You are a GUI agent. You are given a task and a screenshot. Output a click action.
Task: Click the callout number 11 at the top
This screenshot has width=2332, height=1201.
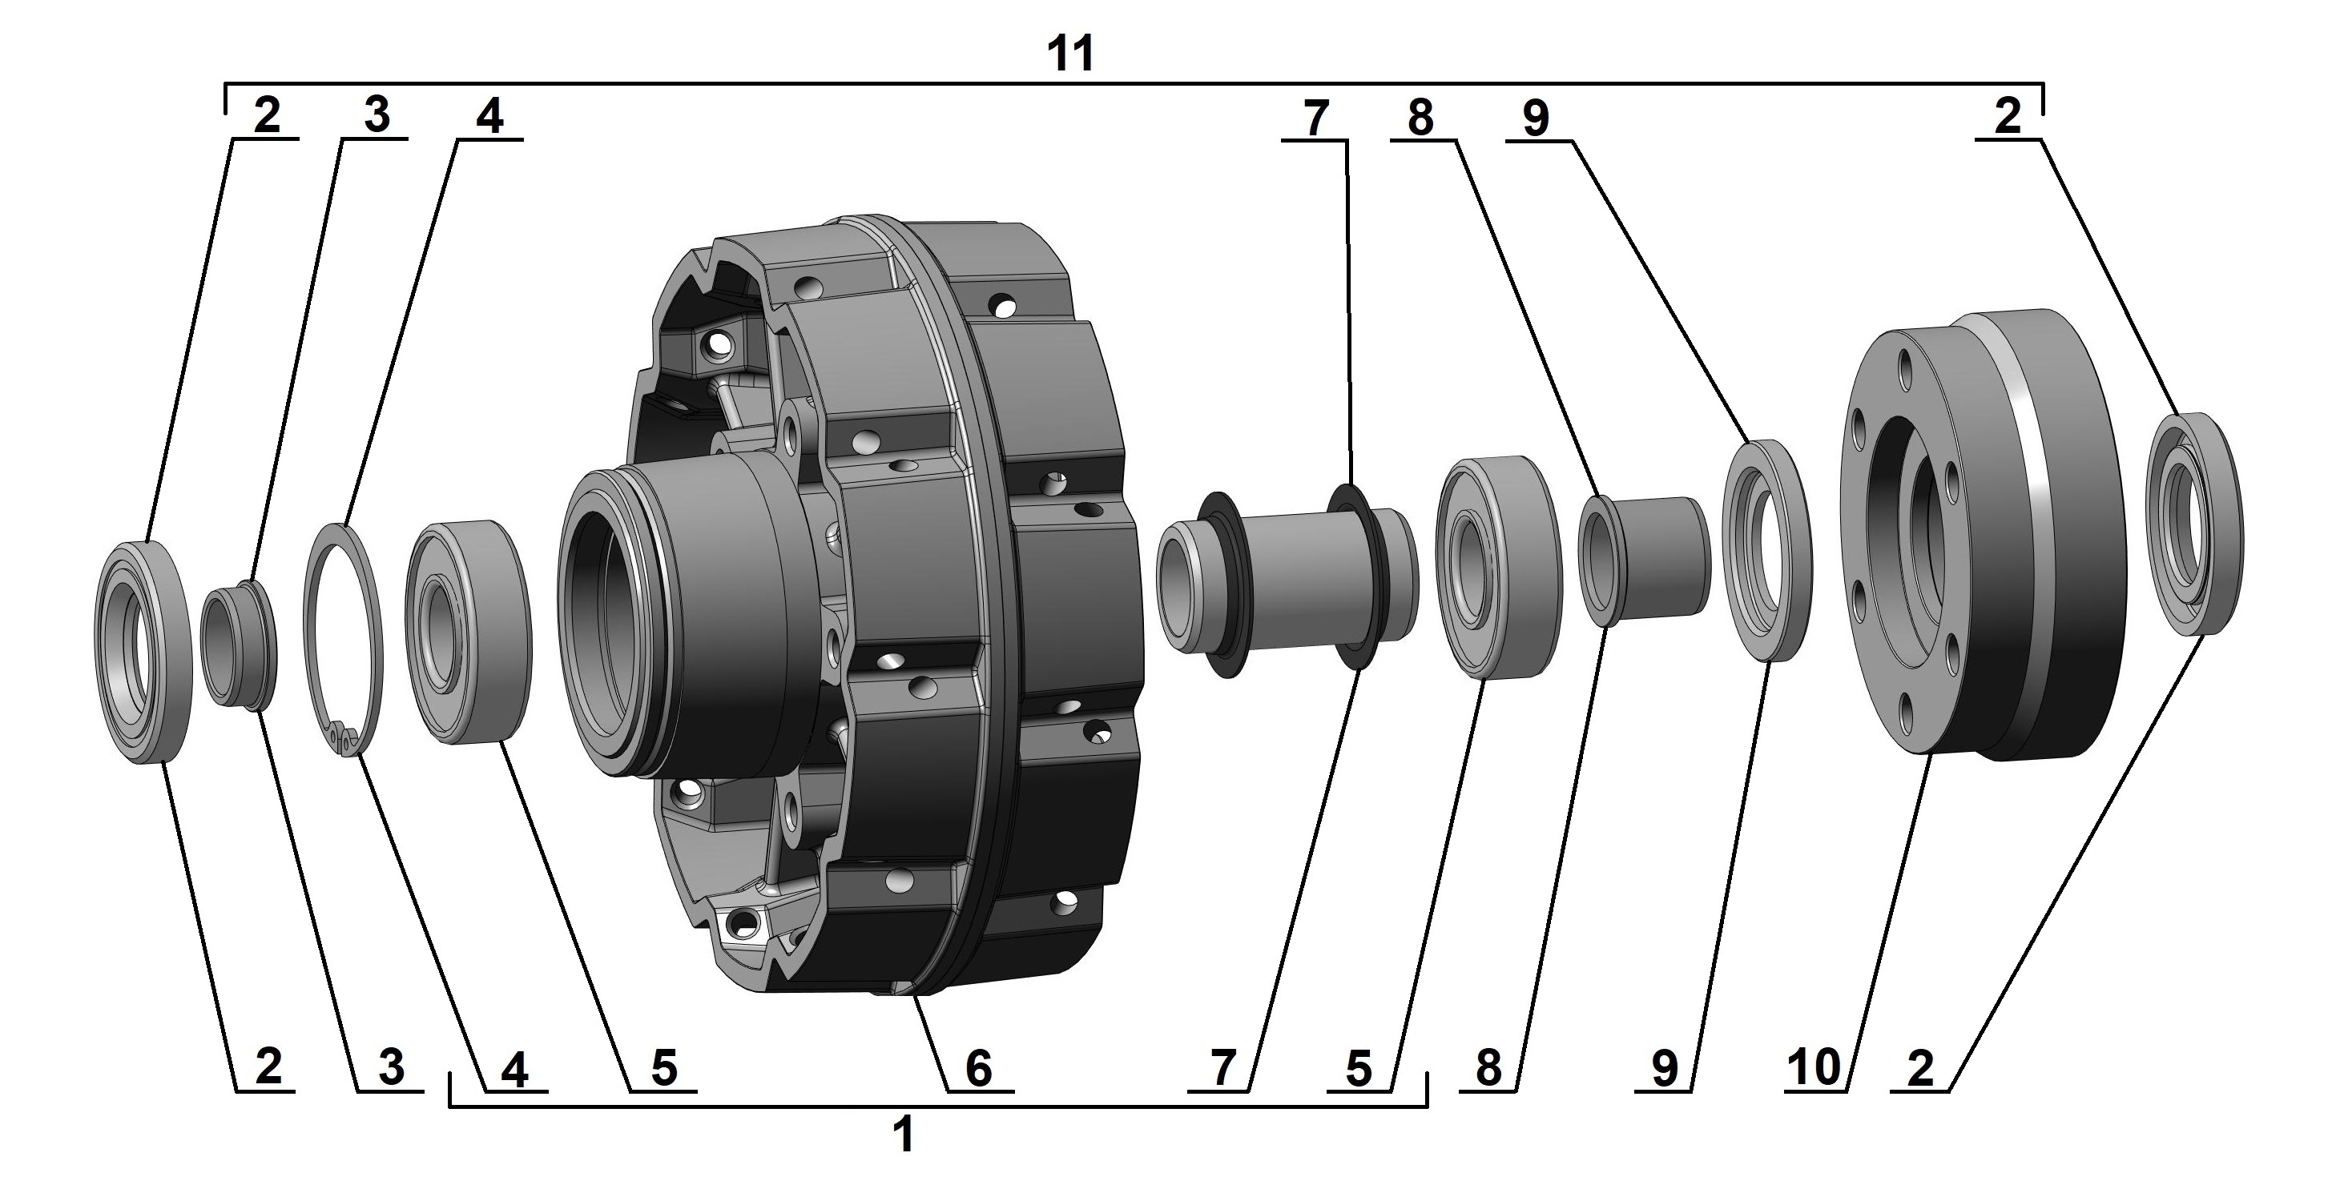click(1070, 54)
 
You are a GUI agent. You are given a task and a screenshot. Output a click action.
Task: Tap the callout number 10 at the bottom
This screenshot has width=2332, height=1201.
click(1814, 1068)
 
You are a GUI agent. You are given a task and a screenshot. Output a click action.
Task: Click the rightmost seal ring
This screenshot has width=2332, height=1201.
click(2194, 523)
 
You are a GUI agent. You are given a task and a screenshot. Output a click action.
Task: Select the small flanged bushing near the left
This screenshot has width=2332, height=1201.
click(238, 643)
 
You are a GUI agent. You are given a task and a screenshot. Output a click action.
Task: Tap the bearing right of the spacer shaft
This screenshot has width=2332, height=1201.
click(1498, 568)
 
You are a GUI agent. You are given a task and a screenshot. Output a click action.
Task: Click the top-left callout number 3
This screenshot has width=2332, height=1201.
click(376, 116)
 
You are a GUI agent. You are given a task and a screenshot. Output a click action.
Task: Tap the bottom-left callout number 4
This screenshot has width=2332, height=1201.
click(514, 1070)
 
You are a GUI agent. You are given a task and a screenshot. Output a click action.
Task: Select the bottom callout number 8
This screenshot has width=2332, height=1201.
click(1489, 1069)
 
